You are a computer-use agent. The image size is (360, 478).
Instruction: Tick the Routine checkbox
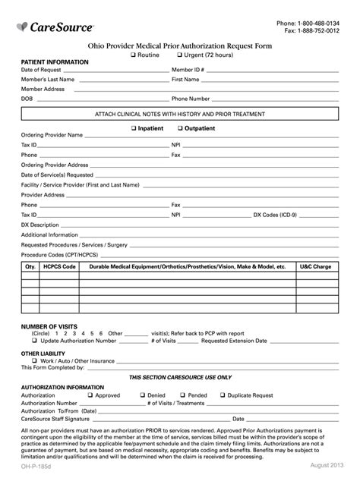coord(133,55)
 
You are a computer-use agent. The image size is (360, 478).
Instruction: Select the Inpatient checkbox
coord(134,128)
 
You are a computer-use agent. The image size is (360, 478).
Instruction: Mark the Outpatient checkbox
coord(180,128)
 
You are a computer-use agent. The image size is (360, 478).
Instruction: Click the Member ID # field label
coord(188,70)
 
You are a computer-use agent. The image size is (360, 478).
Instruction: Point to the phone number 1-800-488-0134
coord(317,22)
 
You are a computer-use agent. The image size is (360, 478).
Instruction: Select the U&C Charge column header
coord(315,267)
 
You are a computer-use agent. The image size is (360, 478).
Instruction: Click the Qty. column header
coord(30,267)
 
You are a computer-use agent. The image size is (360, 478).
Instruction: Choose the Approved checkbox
coord(90,395)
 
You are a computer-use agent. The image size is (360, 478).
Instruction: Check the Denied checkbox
coord(144,395)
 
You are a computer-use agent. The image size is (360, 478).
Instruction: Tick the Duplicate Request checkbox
coord(222,395)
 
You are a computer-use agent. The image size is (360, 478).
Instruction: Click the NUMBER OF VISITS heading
coord(49,326)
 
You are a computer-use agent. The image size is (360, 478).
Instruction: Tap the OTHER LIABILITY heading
coord(43,354)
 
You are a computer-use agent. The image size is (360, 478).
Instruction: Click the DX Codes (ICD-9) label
coord(275,215)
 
